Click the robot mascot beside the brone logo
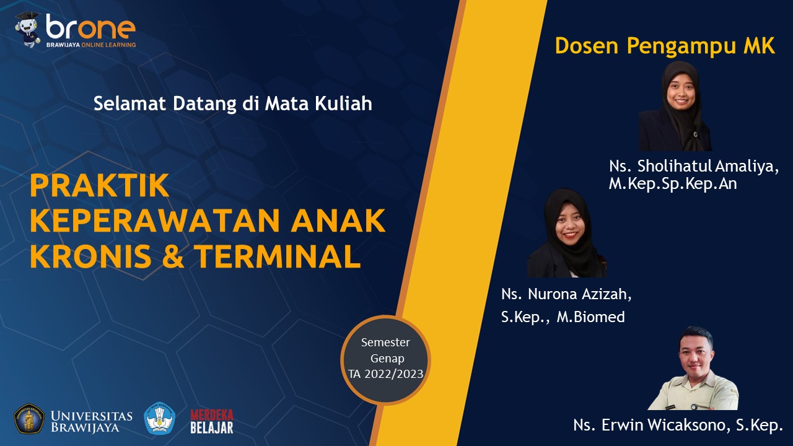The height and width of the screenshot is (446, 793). point(28,30)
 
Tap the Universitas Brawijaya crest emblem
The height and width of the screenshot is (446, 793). point(29,419)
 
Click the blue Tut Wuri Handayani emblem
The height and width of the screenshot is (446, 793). point(160,418)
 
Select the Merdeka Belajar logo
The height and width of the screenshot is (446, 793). point(212,421)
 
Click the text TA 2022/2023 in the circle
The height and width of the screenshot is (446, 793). point(385,374)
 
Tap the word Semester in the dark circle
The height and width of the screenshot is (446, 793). point(385,343)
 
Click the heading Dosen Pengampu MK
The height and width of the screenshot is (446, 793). point(665,46)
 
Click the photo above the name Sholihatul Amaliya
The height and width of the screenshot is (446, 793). point(675,106)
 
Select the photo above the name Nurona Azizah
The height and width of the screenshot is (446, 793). point(567,233)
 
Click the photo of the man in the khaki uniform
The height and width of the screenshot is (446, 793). point(693,368)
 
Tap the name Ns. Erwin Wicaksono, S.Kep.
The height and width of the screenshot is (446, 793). point(678,425)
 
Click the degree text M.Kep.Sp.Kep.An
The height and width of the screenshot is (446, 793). point(673,183)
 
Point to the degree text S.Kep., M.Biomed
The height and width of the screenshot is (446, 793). point(563,317)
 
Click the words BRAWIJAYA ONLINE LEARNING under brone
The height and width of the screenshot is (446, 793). point(91,45)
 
